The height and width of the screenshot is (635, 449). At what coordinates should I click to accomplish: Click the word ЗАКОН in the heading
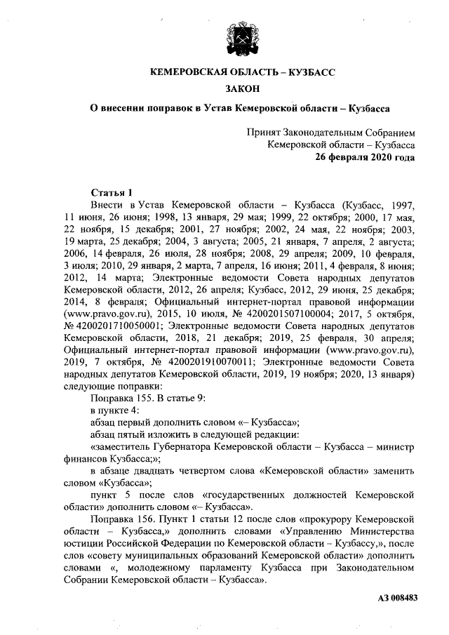point(242,89)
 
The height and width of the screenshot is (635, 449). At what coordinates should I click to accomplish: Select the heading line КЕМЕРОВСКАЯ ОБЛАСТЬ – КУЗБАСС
point(242,72)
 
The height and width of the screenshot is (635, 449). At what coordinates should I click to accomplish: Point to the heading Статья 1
point(112,192)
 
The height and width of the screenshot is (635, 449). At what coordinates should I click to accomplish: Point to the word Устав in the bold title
point(217,109)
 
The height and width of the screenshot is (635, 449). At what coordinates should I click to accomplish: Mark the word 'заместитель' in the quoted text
point(124,446)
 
